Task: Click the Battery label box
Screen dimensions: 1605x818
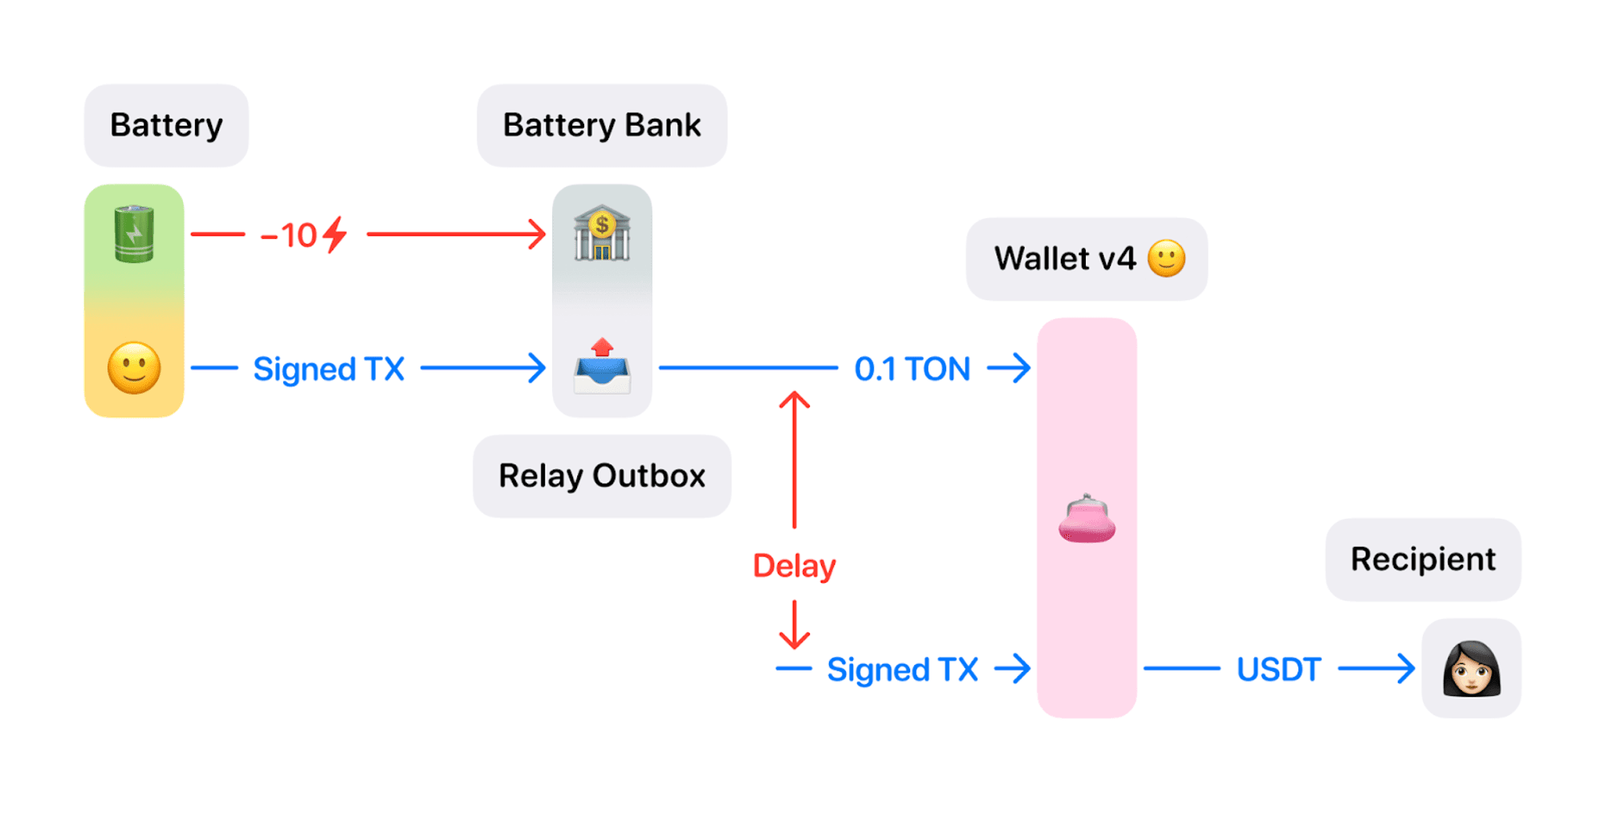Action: [x=166, y=125]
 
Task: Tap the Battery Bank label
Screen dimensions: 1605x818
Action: [x=602, y=125]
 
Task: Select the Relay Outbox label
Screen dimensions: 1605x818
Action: [x=602, y=476]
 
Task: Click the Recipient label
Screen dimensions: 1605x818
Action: [x=1423, y=559]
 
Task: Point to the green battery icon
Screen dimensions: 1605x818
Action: [x=134, y=233]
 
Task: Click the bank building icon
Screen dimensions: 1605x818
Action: [x=602, y=233]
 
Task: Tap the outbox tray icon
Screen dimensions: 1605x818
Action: [x=602, y=366]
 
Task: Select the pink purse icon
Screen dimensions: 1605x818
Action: [x=1087, y=519]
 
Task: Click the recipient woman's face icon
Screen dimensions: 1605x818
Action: [x=1471, y=668]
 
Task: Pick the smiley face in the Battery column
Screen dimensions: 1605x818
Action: [x=134, y=368]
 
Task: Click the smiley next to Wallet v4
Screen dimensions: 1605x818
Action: [x=1166, y=258]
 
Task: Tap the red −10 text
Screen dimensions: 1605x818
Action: [x=289, y=236]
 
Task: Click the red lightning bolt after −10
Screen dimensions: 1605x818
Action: [x=335, y=235]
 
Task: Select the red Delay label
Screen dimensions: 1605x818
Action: [x=794, y=565]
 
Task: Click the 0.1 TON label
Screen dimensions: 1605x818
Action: [x=912, y=369]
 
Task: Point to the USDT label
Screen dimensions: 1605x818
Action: [x=1278, y=669]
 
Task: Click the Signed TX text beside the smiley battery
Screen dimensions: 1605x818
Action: [x=328, y=369]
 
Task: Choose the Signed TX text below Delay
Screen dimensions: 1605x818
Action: [x=902, y=670]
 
